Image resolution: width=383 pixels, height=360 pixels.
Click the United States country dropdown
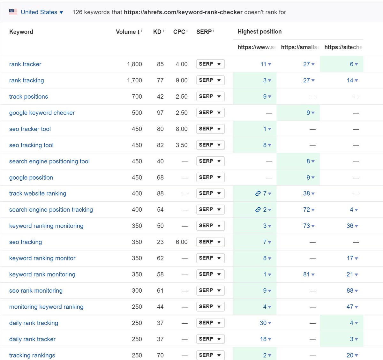click(36, 12)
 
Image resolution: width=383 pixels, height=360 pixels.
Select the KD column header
click(157, 32)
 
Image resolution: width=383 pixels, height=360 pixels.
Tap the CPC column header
click(179, 32)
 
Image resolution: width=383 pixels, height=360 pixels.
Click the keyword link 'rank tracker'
click(25, 64)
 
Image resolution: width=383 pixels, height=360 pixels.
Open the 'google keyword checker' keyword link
click(42, 113)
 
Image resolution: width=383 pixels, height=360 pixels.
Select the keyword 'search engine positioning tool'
click(49, 161)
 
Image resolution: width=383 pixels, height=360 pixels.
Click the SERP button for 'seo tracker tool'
click(210, 129)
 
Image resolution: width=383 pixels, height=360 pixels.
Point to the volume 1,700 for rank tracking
click(134, 80)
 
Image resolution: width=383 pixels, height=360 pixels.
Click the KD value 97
click(160, 113)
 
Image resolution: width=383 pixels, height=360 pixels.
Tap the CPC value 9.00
click(181, 80)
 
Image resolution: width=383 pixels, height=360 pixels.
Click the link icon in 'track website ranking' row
click(258, 193)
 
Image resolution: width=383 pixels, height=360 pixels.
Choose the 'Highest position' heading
click(259, 32)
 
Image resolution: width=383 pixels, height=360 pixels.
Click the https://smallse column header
click(300, 47)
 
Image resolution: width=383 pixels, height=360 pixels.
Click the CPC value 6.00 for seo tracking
click(181, 242)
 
